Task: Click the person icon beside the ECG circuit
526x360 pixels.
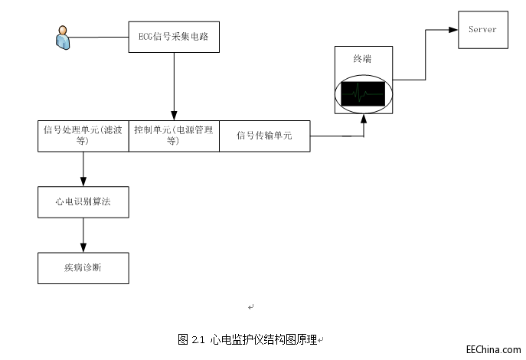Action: (x=62, y=37)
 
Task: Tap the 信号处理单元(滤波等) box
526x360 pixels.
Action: (x=83, y=136)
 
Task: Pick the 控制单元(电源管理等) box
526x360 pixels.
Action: (x=174, y=136)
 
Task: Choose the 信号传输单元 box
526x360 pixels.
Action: (x=265, y=136)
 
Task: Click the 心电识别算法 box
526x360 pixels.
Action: (x=83, y=201)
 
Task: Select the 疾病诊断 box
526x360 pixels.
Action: (x=83, y=268)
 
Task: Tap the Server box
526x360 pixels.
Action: (x=482, y=30)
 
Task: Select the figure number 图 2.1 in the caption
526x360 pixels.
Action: (x=191, y=339)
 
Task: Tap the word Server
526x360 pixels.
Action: (x=482, y=30)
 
